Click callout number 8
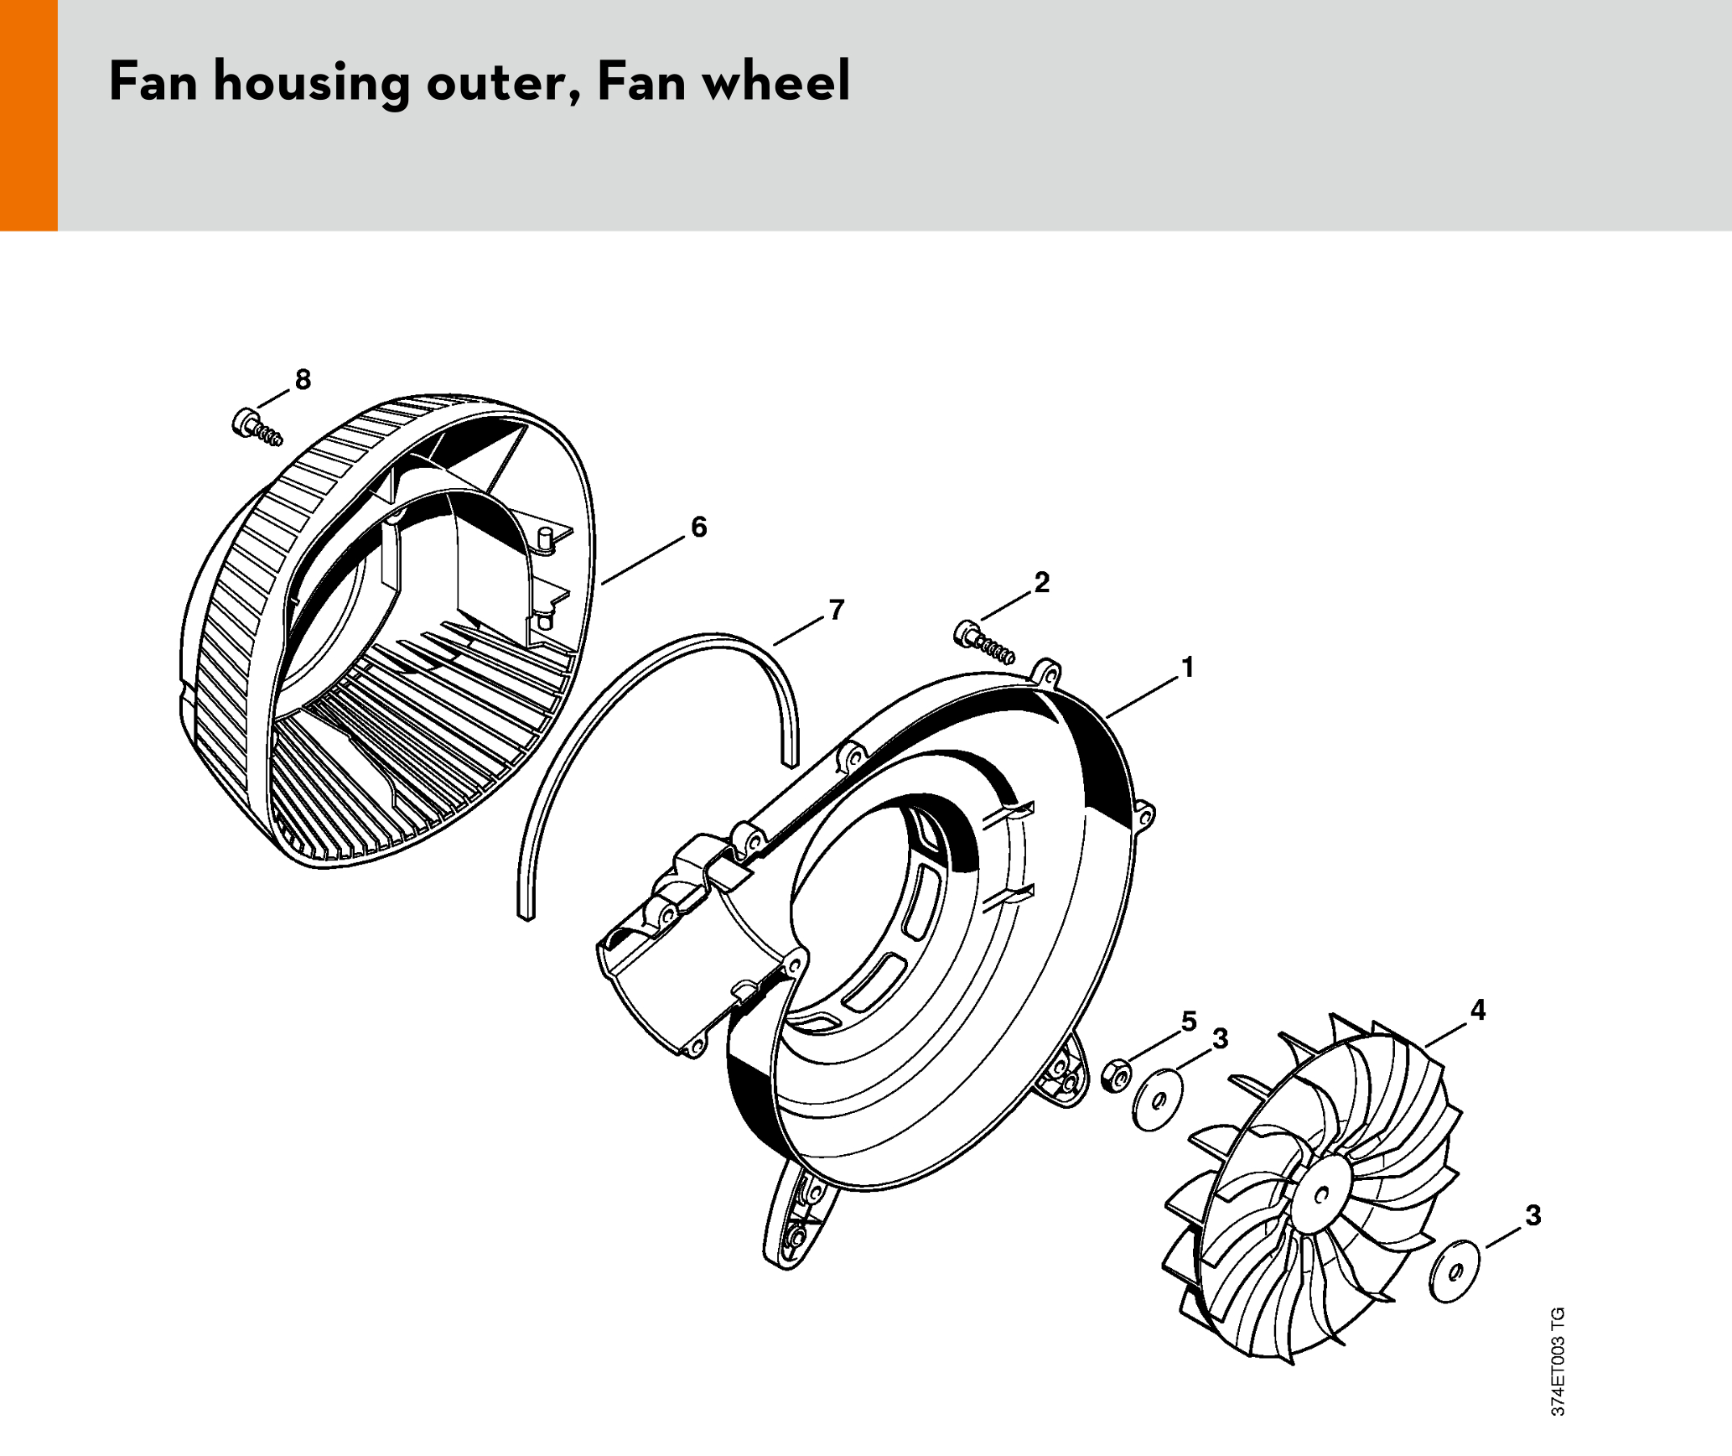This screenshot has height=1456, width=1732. point(303,379)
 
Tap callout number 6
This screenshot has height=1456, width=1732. point(698,527)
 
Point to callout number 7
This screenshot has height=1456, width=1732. point(836,610)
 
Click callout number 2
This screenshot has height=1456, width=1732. point(1041,582)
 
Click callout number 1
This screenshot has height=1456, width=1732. point(1187,668)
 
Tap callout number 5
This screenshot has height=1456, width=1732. point(1189,1021)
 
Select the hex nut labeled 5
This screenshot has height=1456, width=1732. point(1116,1076)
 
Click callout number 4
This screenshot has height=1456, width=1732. point(1478,1010)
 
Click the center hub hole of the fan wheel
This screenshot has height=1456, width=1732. point(1323,1194)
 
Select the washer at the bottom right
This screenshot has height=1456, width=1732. point(1455,1271)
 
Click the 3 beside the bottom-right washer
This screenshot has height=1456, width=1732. point(1532,1215)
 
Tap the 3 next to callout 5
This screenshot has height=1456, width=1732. point(1221,1038)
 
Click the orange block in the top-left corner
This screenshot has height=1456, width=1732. point(29,115)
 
